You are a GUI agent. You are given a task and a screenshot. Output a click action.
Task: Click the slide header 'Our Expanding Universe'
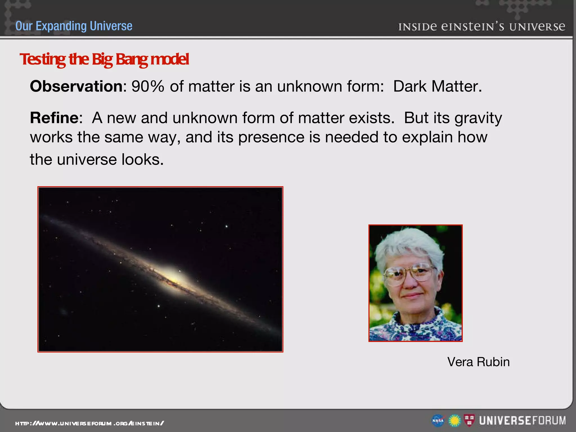click(x=74, y=26)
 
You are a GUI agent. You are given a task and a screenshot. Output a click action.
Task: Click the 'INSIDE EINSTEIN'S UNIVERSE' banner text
click(x=481, y=27)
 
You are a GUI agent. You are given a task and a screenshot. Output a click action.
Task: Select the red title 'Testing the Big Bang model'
click(x=104, y=59)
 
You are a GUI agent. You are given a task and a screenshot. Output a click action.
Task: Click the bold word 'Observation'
click(x=76, y=86)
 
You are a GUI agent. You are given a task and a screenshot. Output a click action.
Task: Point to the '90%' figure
click(x=148, y=86)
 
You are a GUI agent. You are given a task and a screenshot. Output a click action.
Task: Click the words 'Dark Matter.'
click(x=437, y=86)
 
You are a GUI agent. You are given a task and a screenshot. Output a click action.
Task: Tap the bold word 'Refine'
click(x=54, y=118)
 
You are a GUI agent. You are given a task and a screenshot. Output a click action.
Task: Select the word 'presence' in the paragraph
click(x=271, y=137)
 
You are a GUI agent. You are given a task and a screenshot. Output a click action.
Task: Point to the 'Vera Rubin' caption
click(x=478, y=362)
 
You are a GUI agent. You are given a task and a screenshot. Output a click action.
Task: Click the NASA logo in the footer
click(x=438, y=421)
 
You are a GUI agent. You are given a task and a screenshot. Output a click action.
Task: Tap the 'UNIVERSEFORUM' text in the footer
click(x=522, y=421)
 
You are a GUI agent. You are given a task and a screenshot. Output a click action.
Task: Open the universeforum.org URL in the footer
click(x=89, y=423)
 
